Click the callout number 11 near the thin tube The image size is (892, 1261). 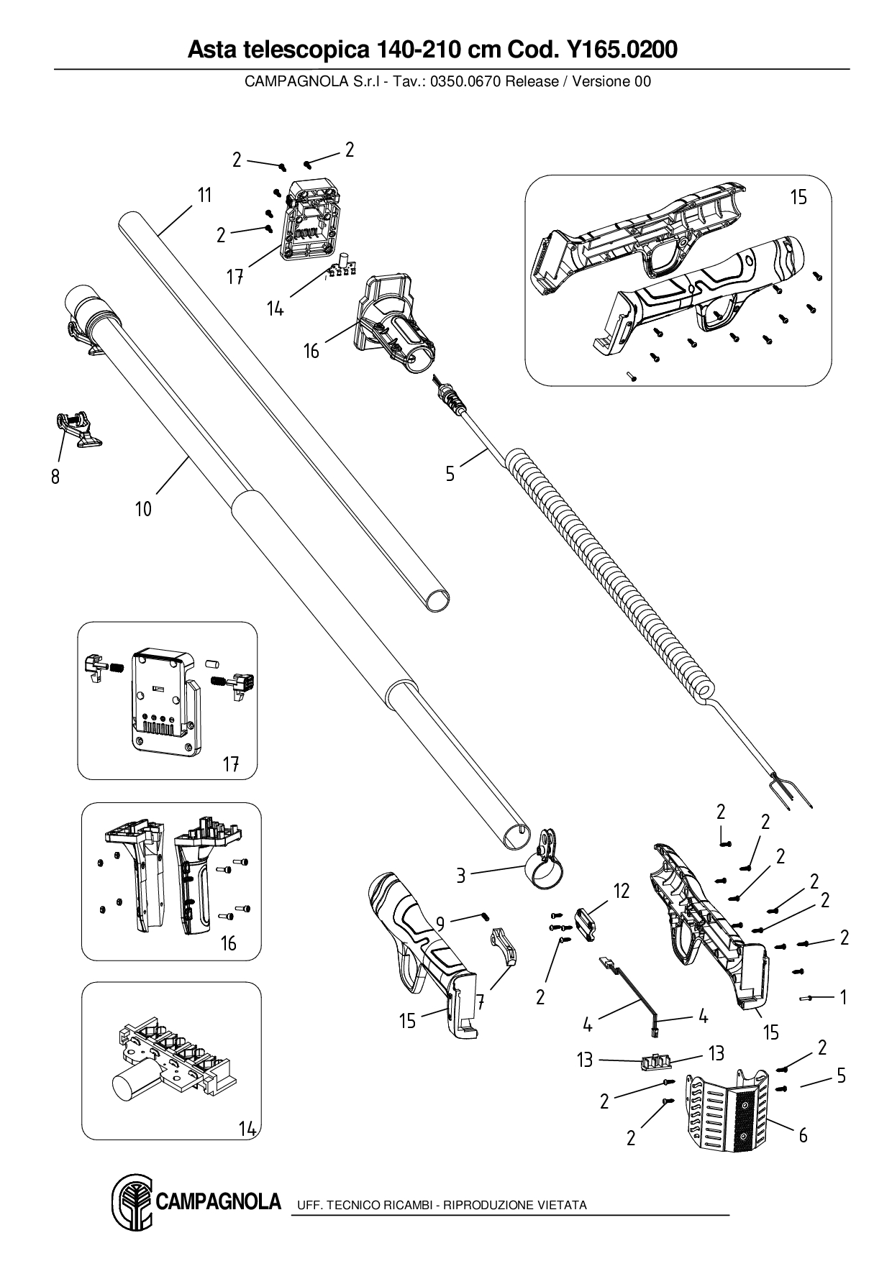click(x=205, y=195)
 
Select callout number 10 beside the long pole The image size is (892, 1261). click(x=143, y=509)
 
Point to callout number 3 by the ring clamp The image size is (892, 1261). click(x=461, y=875)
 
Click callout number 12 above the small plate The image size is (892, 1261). click(x=622, y=891)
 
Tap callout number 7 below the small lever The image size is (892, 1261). click(x=480, y=1001)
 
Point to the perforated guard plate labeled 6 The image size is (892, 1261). click(x=727, y=1118)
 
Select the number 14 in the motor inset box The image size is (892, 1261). click(x=247, y=1129)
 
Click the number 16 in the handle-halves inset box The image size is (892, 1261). click(x=228, y=943)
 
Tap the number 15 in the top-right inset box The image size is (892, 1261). click(x=798, y=197)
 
